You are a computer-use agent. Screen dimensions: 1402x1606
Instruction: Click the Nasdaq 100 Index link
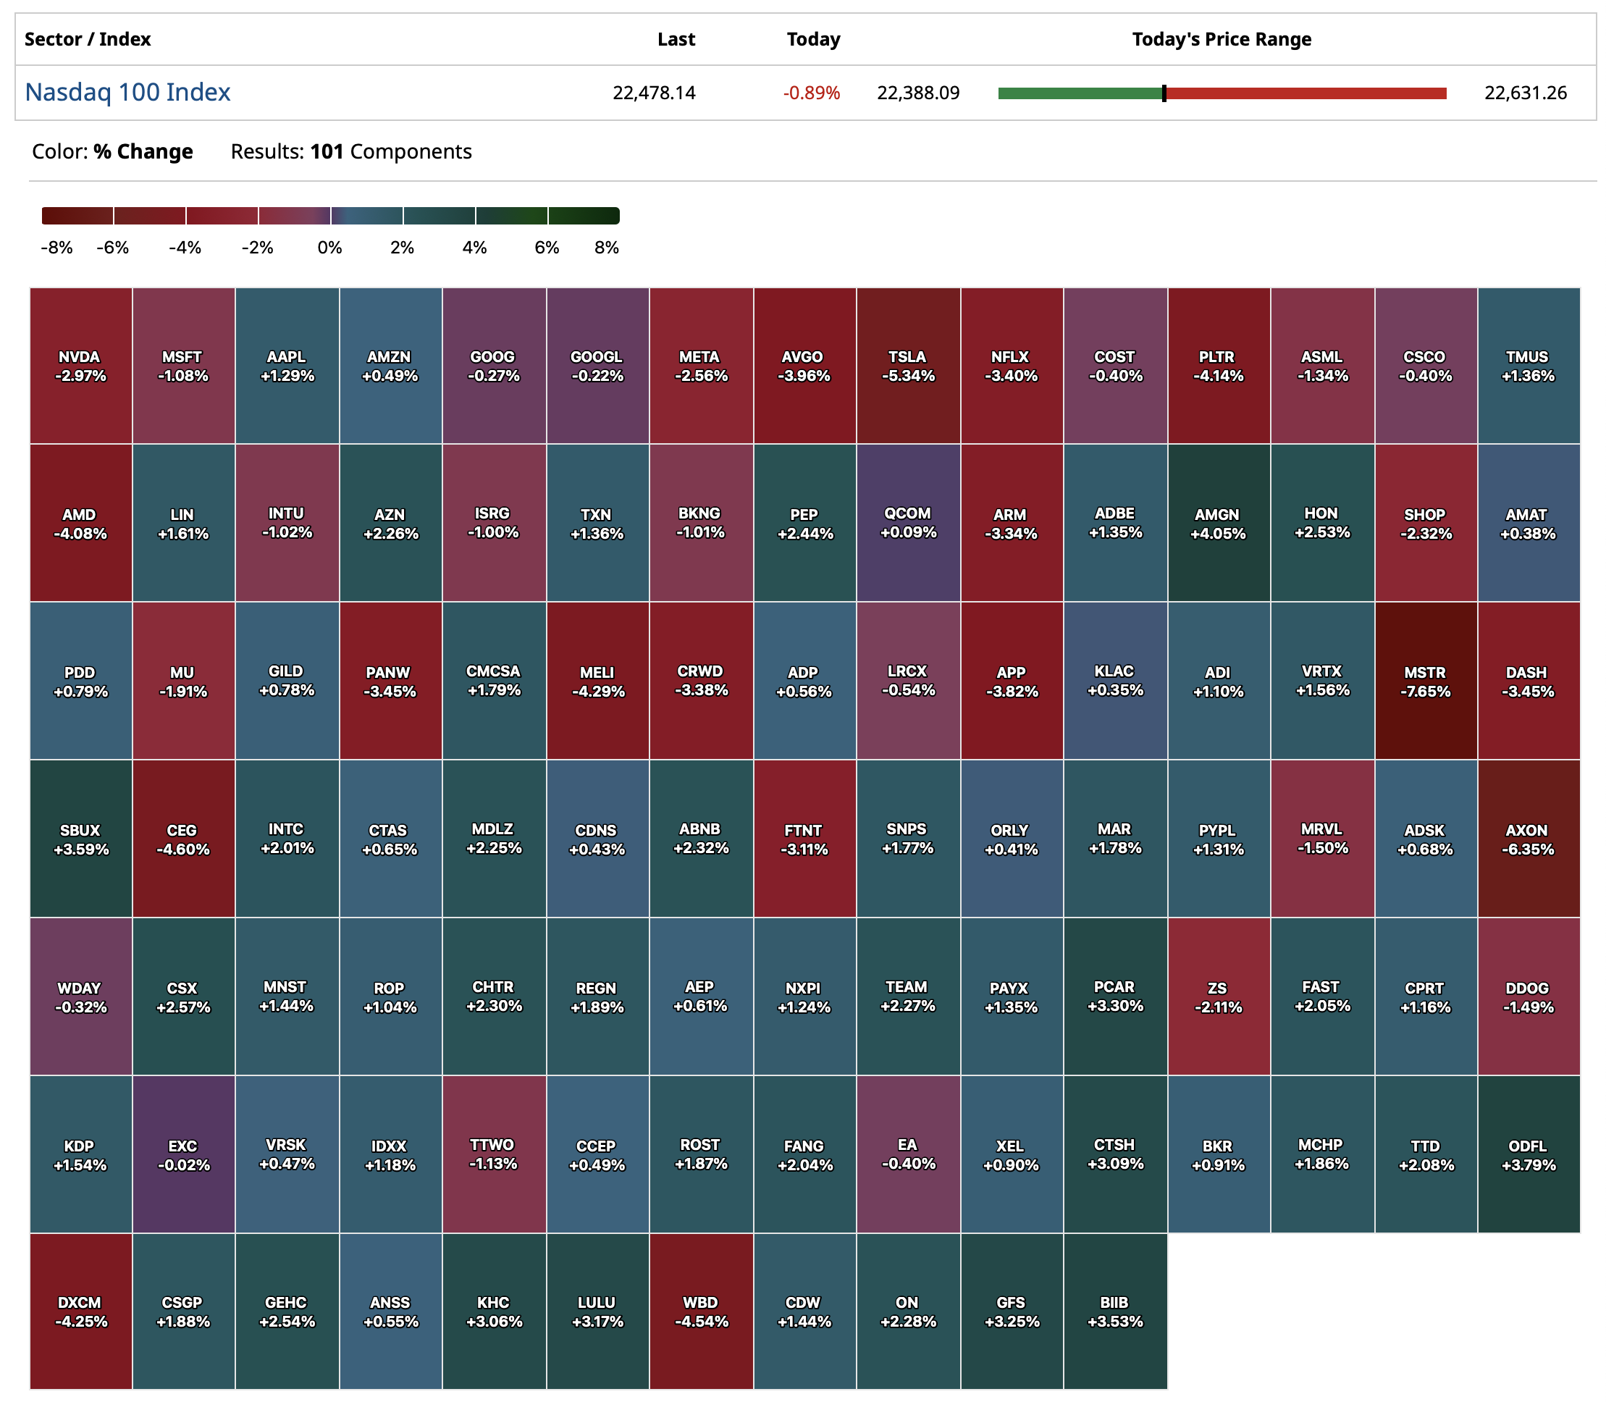coord(127,92)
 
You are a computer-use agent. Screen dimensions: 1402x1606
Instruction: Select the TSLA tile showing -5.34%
coord(907,366)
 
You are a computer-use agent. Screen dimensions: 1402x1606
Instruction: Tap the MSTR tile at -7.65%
coord(1425,681)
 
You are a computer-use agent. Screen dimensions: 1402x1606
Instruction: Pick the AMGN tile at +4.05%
coord(1218,523)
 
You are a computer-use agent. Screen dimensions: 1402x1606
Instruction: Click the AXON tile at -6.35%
coord(1528,839)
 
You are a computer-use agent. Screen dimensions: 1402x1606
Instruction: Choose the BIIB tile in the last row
coord(1115,1311)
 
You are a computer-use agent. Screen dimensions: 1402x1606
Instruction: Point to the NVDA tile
coord(80,366)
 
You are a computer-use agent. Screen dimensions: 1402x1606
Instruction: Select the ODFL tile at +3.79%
coord(1528,1154)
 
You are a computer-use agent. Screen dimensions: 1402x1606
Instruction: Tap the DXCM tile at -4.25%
coord(80,1311)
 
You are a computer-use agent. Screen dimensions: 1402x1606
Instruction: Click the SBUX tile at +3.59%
coord(80,839)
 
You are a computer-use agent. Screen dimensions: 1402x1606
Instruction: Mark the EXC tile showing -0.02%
coord(183,1154)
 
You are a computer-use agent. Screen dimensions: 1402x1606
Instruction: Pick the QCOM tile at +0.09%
coord(907,523)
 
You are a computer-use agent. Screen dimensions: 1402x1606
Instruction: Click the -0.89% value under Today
coord(811,93)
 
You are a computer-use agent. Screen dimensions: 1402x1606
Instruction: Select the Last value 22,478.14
coord(654,93)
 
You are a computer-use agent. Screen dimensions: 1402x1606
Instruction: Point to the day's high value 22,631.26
coord(1526,93)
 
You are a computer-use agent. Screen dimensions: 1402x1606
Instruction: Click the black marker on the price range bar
coord(1164,93)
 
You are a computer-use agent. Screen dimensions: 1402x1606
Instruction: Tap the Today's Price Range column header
coord(1221,39)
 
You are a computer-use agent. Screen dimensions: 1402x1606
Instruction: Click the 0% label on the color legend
coord(329,248)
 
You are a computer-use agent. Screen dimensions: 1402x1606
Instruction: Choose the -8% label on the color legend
coord(56,248)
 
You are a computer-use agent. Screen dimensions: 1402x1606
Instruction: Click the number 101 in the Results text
coord(327,152)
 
